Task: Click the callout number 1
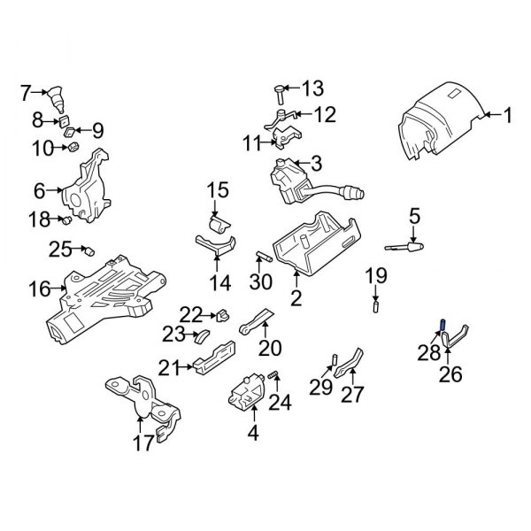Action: click(x=508, y=114)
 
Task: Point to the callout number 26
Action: click(x=450, y=375)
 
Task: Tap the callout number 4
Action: click(x=254, y=434)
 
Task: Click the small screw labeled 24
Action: click(x=273, y=381)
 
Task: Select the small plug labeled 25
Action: click(x=89, y=250)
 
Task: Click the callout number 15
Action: click(x=218, y=189)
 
